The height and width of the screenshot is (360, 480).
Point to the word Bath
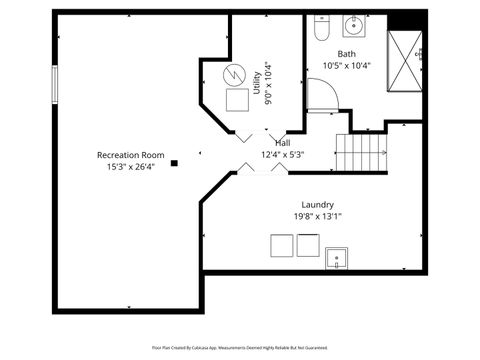(346, 54)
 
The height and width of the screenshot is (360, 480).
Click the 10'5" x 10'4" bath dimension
(346, 66)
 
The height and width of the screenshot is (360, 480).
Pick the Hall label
(282, 143)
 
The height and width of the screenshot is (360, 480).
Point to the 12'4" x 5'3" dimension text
(282, 155)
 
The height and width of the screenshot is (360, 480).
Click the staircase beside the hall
(361, 154)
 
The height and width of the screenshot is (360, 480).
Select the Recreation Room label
(130, 155)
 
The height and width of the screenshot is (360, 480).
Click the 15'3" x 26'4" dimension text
(130, 167)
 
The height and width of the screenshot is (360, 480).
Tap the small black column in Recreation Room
(174, 163)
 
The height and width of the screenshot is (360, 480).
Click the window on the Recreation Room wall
(55, 82)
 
